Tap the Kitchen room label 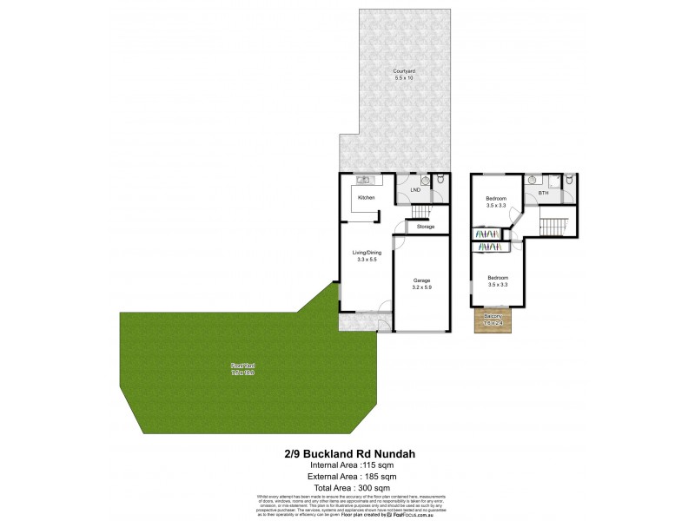(366, 199)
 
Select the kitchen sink (364, 181)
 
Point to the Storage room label (425, 227)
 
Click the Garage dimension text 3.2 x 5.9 (422, 287)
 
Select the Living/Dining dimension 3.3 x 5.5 (366, 260)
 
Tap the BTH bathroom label (543, 193)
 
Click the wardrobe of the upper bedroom (487, 233)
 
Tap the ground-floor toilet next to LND (440, 181)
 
